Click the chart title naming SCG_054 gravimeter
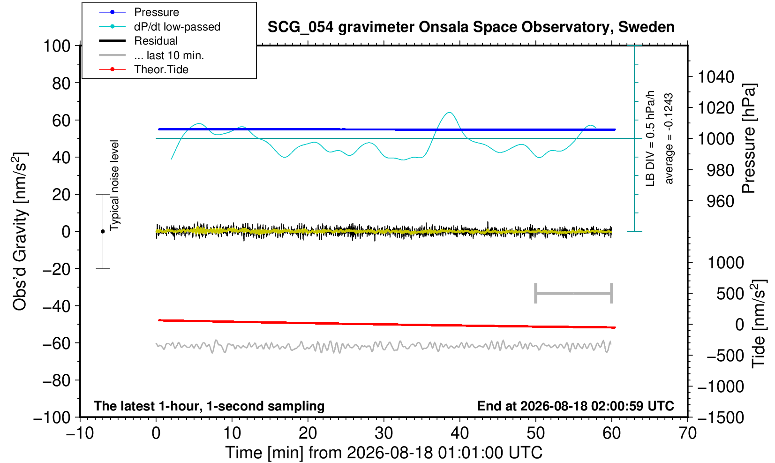pyautogui.click(x=471, y=27)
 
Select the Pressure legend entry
pyautogui.click(x=139, y=13)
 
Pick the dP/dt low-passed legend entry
pyautogui.click(x=159, y=27)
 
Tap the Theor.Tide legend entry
pyautogui.click(x=143, y=69)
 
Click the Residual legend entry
pyautogui.click(x=138, y=41)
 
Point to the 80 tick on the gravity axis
pyautogui.click(x=61, y=83)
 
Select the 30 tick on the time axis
pyautogui.click(x=384, y=433)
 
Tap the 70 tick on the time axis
pyautogui.click(x=687, y=433)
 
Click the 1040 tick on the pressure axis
pyautogui.click(x=716, y=76)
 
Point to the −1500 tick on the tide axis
pyautogui.click(x=721, y=417)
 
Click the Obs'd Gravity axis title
pyautogui.click(x=19, y=231)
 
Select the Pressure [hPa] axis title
pyautogui.click(x=749, y=138)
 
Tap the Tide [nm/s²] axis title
pyautogui.click(x=758, y=324)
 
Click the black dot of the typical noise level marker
pyautogui.click(x=103, y=231)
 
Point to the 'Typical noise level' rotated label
pyautogui.click(x=114, y=185)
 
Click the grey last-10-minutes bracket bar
pyautogui.click(x=574, y=293)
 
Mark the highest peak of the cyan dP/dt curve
pyautogui.click(x=449, y=112)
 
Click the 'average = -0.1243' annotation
pyautogui.click(x=669, y=138)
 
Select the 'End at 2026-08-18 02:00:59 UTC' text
pyautogui.click(x=575, y=406)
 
